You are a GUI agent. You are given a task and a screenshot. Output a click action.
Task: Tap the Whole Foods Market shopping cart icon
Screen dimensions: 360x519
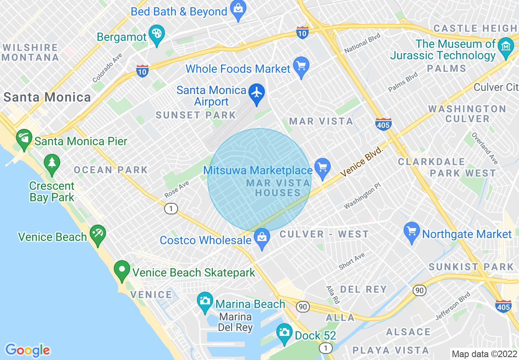tap(301, 66)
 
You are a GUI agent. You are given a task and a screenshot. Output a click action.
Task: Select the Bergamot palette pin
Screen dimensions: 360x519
tap(156, 34)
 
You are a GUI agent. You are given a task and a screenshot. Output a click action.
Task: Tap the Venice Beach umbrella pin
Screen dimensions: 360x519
tap(98, 234)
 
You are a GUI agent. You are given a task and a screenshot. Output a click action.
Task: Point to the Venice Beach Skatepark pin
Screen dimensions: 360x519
tap(122, 270)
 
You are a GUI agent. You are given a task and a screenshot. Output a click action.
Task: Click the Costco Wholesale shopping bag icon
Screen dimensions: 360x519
tap(262, 238)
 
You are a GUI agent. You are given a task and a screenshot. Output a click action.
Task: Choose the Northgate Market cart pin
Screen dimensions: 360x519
tap(412, 232)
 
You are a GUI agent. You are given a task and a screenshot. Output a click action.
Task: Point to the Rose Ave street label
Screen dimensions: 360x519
tap(177, 189)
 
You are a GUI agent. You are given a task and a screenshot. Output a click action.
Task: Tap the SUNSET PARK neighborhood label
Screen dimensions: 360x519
tap(196, 115)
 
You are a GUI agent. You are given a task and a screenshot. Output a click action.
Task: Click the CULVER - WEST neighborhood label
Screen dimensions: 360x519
tap(324, 234)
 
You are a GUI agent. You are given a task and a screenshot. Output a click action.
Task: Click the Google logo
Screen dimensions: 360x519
tap(27, 350)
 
